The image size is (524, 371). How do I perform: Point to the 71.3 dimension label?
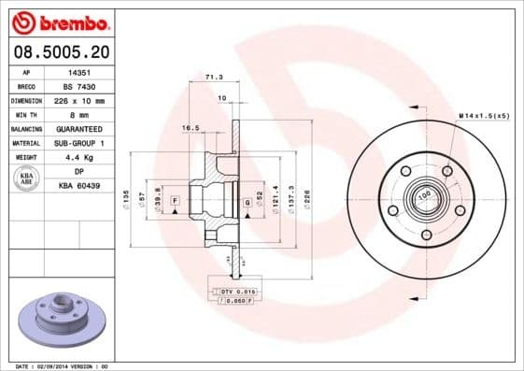click(x=213, y=78)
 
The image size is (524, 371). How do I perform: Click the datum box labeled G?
click(x=246, y=202)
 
